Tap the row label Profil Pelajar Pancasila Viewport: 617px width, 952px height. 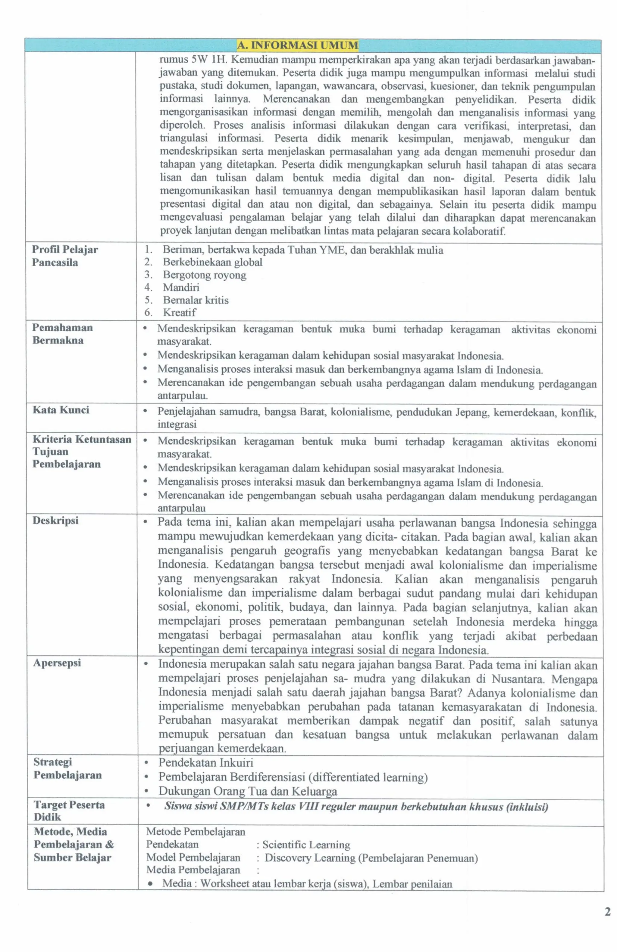64,256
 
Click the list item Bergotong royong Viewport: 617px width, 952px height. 204,275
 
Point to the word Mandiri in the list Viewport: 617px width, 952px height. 181,287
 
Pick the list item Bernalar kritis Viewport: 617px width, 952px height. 196,300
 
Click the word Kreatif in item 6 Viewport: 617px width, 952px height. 179,312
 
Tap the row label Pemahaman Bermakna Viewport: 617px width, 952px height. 62,334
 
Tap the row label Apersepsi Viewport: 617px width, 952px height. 57,663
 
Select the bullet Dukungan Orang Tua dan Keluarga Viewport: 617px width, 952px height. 247,791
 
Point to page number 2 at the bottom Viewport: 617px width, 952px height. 607,912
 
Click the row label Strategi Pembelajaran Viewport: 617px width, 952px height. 67,768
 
